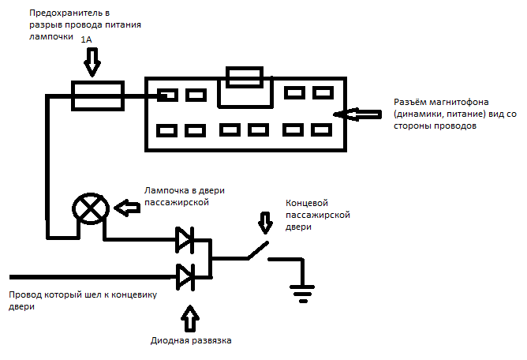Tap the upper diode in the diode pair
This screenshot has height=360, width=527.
pos(185,239)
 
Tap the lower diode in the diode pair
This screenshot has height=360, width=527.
pos(185,276)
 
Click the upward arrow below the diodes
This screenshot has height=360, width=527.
pos(190,318)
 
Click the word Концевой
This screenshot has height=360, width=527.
pos(308,203)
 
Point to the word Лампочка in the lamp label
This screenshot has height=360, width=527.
pos(166,190)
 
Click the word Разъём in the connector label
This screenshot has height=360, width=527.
pos(411,103)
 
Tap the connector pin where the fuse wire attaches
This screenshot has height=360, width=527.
pos(167,96)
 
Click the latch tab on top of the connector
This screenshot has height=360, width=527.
pos(245,77)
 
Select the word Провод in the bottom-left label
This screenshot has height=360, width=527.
pos(27,295)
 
